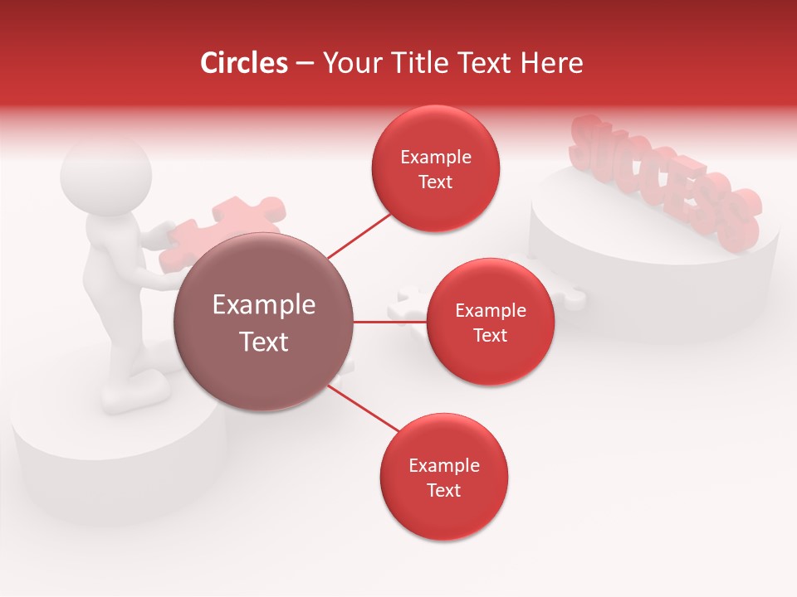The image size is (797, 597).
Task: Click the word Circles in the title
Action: click(243, 63)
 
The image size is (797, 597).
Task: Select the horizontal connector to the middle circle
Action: click(389, 322)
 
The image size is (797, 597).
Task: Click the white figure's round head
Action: click(106, 177)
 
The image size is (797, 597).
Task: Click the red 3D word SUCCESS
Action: click(664, 182)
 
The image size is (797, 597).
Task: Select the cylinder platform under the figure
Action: click(116, 464)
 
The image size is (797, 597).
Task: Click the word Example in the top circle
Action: click(436, 158)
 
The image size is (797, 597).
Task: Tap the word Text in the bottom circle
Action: click(443, 490)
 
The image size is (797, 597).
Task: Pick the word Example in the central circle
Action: click(264, 305)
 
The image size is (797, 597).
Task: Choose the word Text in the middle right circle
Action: click(490, 335)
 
